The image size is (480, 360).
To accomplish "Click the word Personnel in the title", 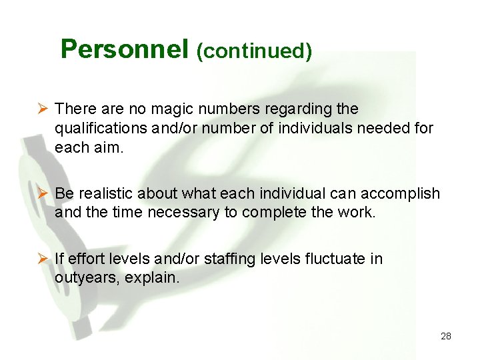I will [x=125, y=49].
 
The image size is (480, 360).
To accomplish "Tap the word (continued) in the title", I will [x=254, y=51].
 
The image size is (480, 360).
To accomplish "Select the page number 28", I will [x=446, y=336].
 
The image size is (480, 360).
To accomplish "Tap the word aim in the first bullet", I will [x=109, y=147].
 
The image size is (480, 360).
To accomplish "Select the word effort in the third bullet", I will [x=83, y=259].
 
